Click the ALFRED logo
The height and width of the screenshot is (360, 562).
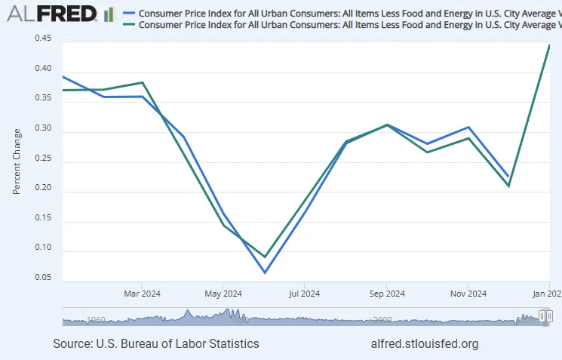pyautogui.click(x=60, y=14)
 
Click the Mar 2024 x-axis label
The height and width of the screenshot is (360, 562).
pyautogui.click(x=142, y=294)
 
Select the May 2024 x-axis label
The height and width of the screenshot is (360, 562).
pyautogui.click(x=223, y=294)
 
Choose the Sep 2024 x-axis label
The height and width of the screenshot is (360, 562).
pyautogui.click(x=386, y=294)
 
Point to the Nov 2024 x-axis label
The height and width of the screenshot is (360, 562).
pyautogui.click(x=468, y=294)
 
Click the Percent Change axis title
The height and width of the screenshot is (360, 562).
pyautogui.click(x=17, y=162)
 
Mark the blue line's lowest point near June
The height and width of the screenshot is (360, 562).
pyautogui.click(x=265, y=272)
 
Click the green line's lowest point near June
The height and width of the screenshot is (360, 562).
pyautogui.click(x=265, y=257)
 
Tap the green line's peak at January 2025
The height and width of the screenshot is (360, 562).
pyautogui.click(x=549, y=45)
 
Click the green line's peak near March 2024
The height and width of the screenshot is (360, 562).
pyautogui.click(x=143, y=82)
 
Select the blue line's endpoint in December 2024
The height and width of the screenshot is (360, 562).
pyautogui.click(x=508, y=176)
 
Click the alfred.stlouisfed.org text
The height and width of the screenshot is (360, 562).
pyautogui.click(x=425, y=343)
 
